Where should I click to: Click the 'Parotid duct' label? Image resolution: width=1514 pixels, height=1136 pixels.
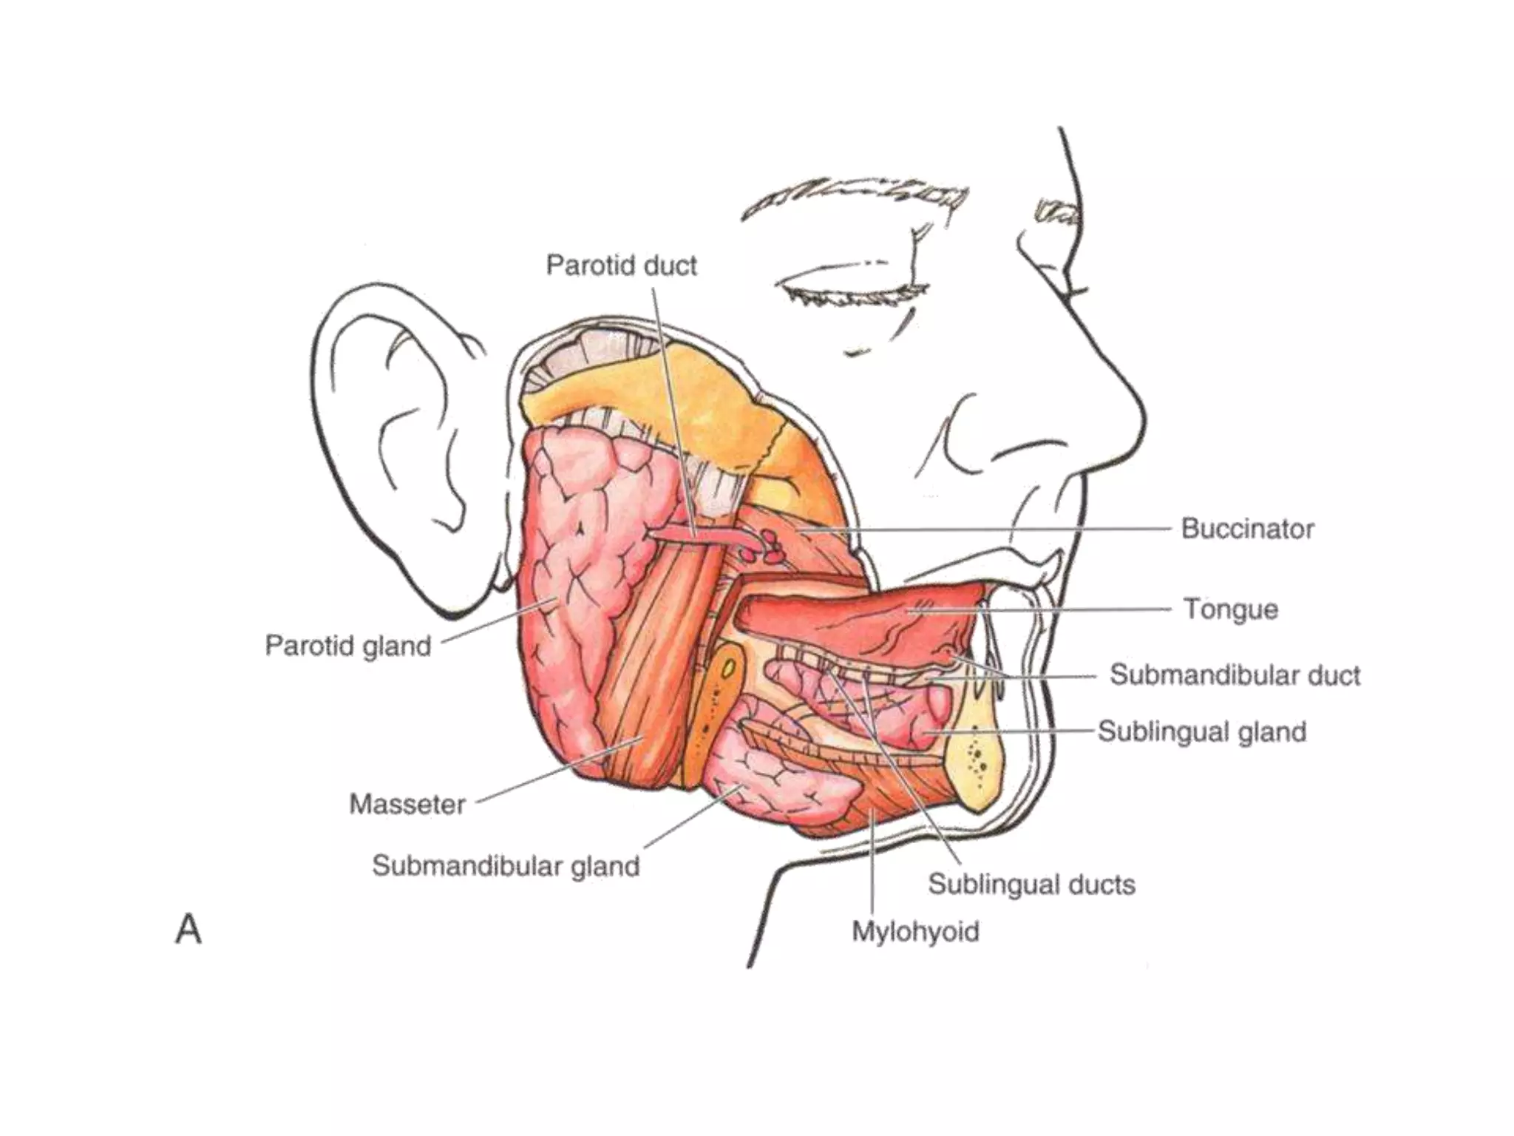(x=621, y=266)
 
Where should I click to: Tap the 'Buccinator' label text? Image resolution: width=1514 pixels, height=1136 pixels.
(x=1247, y=529)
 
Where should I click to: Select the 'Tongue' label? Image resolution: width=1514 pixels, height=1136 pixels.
(x=1231, y=609)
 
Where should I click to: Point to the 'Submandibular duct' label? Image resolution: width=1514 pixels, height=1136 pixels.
(x=1235, y=675)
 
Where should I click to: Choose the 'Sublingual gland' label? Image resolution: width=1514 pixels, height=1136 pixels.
(x=1202, y=731)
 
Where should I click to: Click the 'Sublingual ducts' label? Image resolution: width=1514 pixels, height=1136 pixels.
(x=1031, y=885)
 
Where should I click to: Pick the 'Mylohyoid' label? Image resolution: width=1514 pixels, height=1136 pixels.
(x=915, y=931)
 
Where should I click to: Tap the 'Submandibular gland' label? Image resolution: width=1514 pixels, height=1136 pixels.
(x=506, y=866)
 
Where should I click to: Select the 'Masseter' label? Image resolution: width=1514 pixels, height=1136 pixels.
(x=407, y=804)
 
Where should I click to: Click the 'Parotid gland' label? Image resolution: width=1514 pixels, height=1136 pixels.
(x=348, y=646)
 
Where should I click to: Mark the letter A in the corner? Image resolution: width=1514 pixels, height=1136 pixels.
(x=189, y=929)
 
